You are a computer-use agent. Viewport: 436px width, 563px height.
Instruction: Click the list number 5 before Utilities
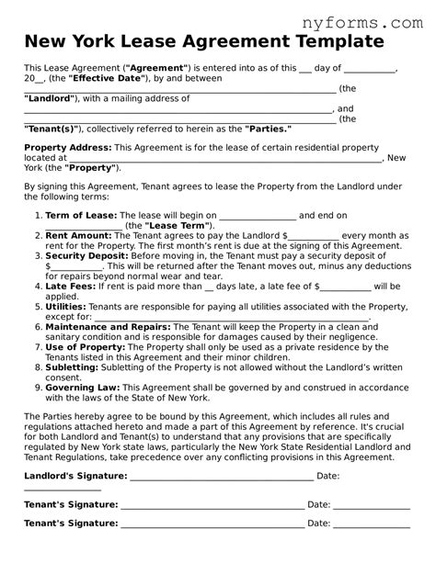[x=39, y=306]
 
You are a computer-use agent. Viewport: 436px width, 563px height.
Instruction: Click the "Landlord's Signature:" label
[x=75, y=476]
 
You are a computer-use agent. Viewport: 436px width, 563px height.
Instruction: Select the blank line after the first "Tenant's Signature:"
[x=212, y=504]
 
